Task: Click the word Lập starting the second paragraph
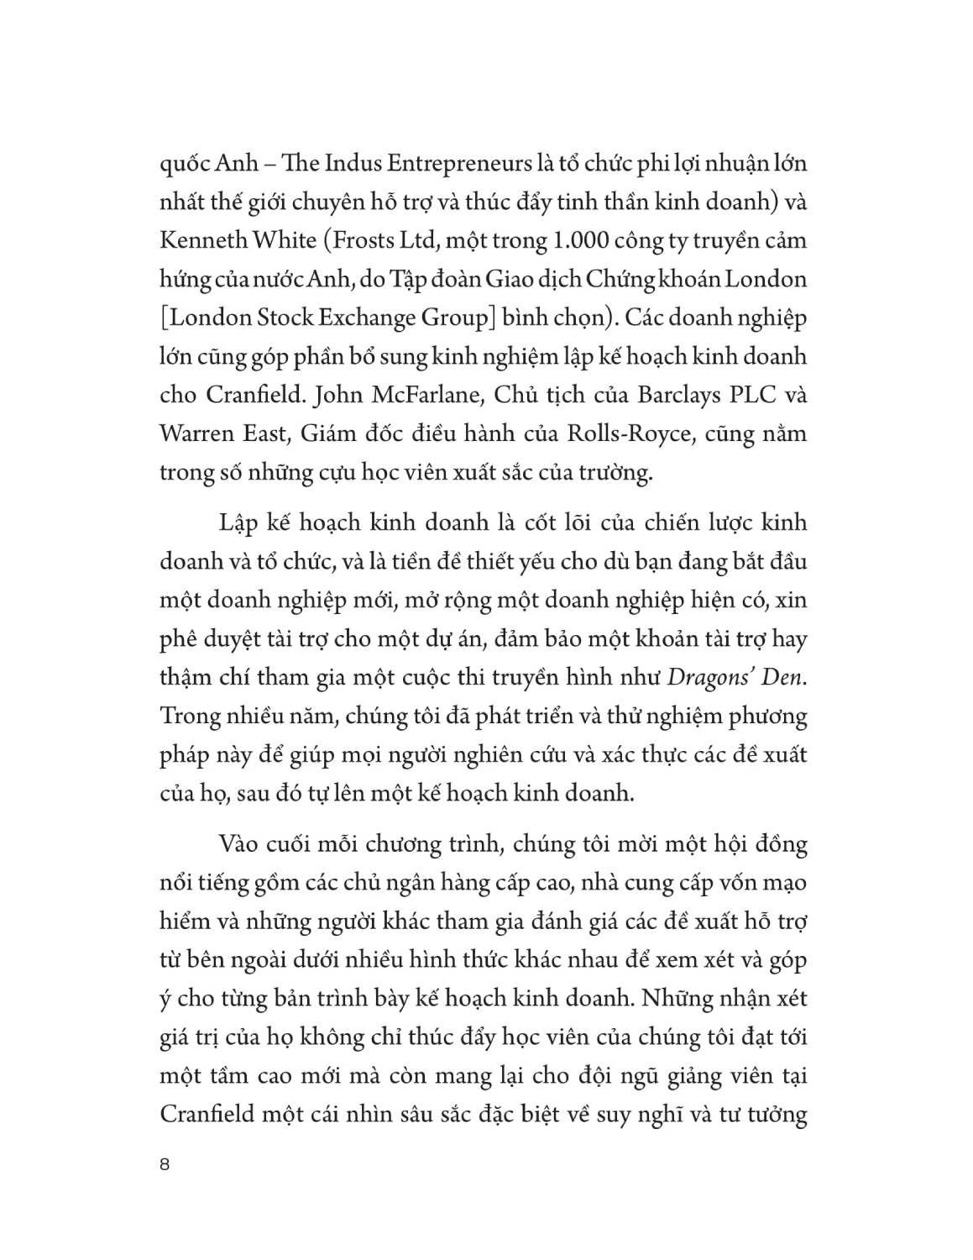[238, 522]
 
